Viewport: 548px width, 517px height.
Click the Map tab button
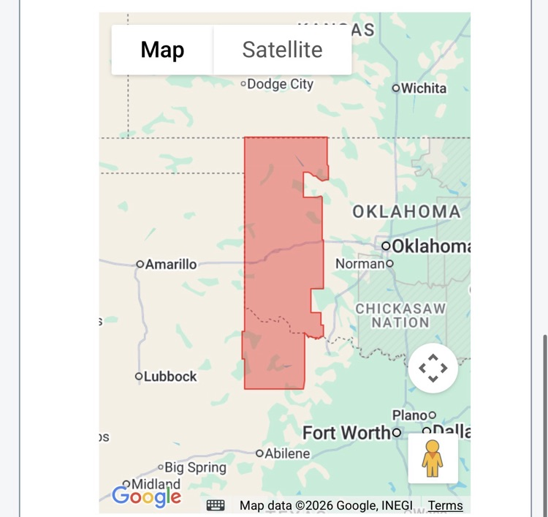click(x=162, y=50)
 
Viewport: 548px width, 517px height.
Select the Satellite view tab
click(x=282, y=50)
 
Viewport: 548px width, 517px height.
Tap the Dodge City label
click(x=280, y=84)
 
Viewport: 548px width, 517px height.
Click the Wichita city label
click(x=424, y=88)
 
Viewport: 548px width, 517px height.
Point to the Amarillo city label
click(x=170, y=264)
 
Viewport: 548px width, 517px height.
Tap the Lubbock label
click(x=170, y=377)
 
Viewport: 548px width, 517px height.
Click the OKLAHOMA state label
click(x=407, y=212)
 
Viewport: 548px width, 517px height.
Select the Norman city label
click(x=360, y=263)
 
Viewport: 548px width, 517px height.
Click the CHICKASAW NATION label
click(x=400, y=315)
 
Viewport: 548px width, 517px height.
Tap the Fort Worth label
click(x=347, y=433)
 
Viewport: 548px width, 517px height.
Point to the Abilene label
click(x=287, y=453)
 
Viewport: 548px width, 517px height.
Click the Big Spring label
click(x=195, y=467)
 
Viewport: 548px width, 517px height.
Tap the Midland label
click(x=156, y=484)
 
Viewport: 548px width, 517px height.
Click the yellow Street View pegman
click(x=433, y=458)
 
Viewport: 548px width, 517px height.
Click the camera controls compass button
click(x=433, y=368)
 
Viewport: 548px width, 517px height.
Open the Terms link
click(x=445, y=505)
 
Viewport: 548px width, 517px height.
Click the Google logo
click(x=146, y=496)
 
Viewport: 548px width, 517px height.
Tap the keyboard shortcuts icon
click(x=216, y=505)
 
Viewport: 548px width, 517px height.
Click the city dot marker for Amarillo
click(x=140, y=264)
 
